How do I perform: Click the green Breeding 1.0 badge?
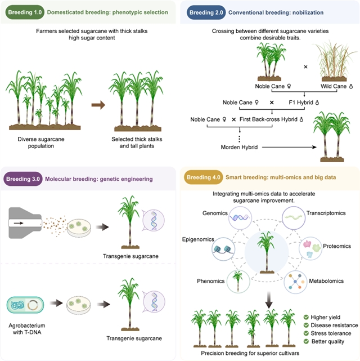tap(25, 12)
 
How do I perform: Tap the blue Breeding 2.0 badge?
tap(206, 12)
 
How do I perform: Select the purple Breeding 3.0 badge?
tap(23, 179)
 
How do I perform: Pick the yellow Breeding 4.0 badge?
tap(204, 177)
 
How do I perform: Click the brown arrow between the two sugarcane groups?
tap(98, 105)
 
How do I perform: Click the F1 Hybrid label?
tap(304, 102)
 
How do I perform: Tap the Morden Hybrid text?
tap(239, 147)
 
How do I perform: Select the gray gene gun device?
tap(25, 223)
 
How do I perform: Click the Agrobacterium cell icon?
tap(25, 305)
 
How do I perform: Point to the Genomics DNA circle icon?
tap(240, 218)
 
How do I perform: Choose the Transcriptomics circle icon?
tap(294, 218)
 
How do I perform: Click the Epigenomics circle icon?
tap(223, 249)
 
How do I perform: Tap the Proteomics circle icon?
tap(310, 249)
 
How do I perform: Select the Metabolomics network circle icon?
tap(295, 282)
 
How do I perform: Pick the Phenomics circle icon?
tap(238, 282)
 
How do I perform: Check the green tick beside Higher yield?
tap(306, 317)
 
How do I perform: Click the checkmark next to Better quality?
tap(306, 341)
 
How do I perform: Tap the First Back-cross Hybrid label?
tap(271, 119)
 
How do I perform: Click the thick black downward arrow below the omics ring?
tap(269, 300)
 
